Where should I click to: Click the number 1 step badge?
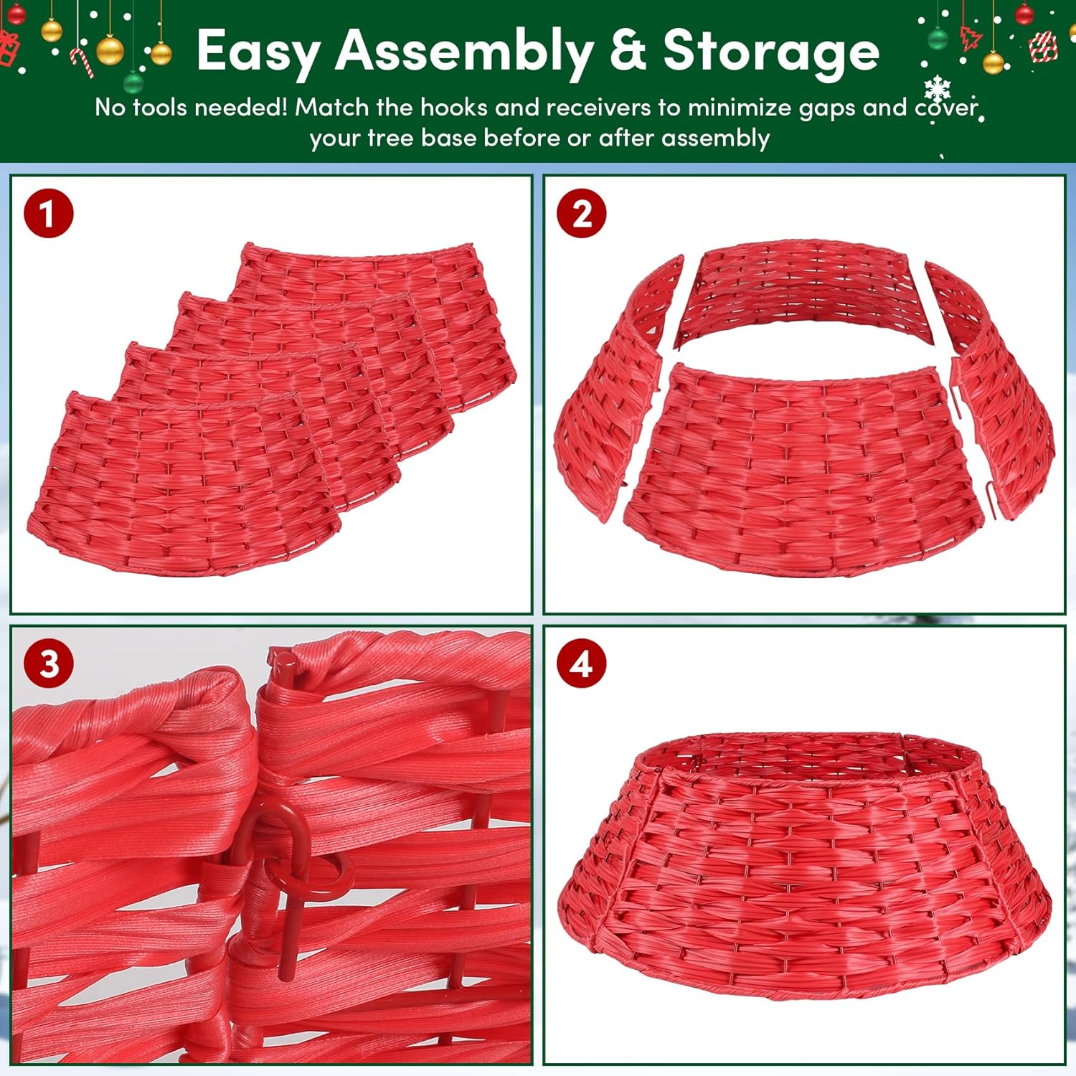(x=49, y=214)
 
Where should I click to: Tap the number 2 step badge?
(x=582, y=214)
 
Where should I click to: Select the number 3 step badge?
(x=49, y=664)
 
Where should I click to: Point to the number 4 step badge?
(x=582, y=664)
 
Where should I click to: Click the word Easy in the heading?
(x=258, y=52)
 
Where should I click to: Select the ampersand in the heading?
(x=628, y=52)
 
